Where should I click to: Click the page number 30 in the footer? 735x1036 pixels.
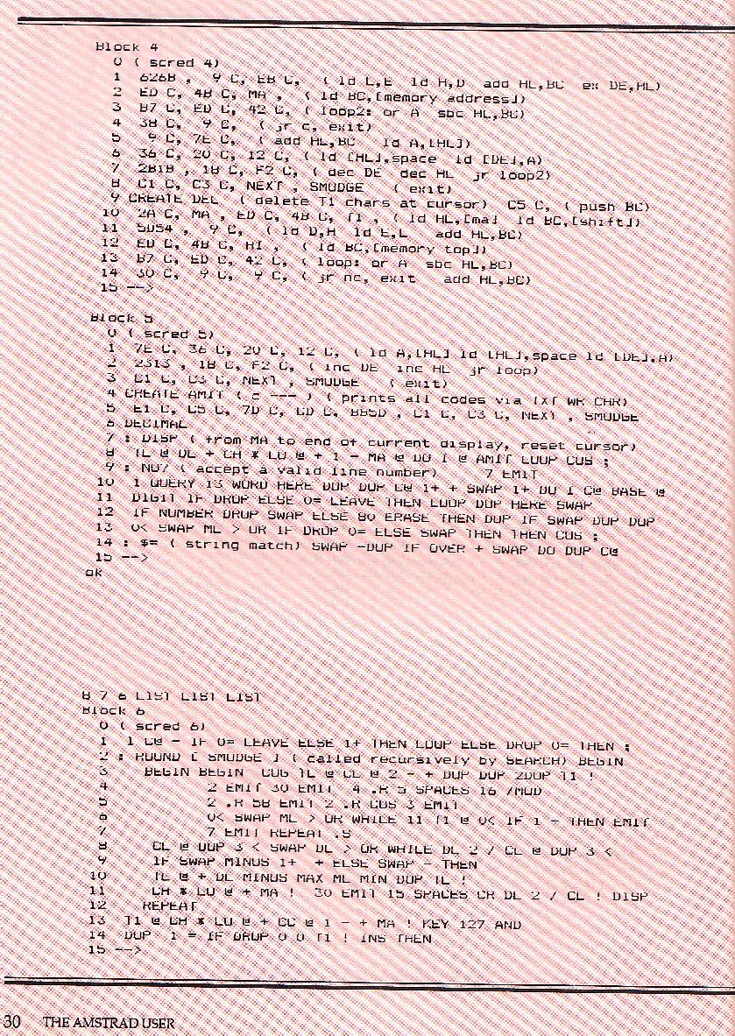click(11, 1021)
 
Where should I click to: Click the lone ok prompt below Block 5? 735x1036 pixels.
click(94, 572)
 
